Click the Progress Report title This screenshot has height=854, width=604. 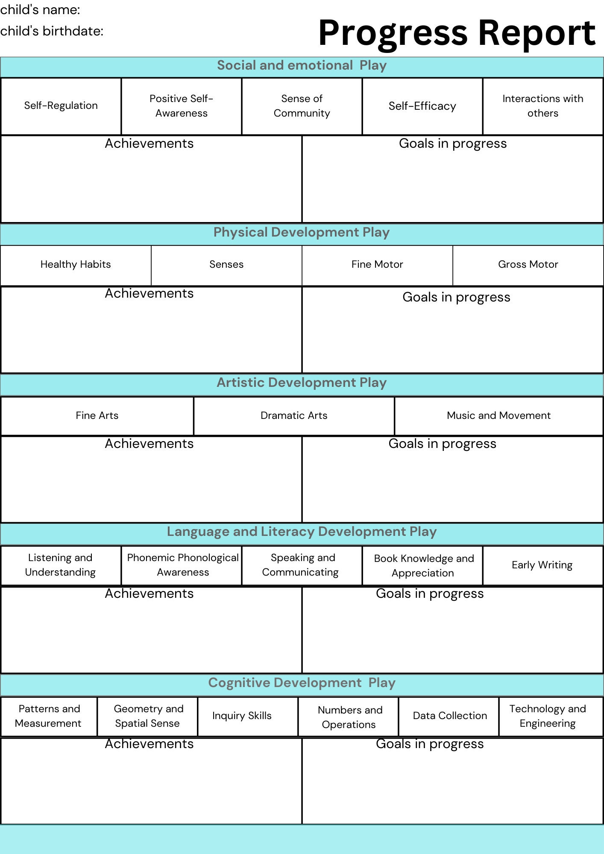click(x=457, y=33)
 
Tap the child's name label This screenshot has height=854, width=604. click(x=40, y=9)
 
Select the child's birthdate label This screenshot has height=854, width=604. click(x=52, y=31)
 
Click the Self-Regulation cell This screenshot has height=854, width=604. click(x=61, y=106)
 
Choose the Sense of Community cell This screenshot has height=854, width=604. click(x=302, y=106)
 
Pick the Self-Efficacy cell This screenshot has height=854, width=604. click(x=422, y=106)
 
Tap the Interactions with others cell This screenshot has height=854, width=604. click(x=543, y=106)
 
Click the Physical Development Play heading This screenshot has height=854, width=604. click(x=302, y=232)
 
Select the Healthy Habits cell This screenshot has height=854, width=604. click(x=76, y=265)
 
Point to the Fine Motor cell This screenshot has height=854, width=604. click(x=377, y=265)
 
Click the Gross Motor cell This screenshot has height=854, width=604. click(x=528, y=265)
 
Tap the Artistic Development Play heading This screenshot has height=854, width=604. click(x=302, y=383)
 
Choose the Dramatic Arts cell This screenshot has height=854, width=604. click(x=294, y=416)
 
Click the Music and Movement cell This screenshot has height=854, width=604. click(x=499, y=416)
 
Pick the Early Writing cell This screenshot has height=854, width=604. click(x=543, y=565)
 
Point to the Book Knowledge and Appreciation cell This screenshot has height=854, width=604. click(x=422, y=565)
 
